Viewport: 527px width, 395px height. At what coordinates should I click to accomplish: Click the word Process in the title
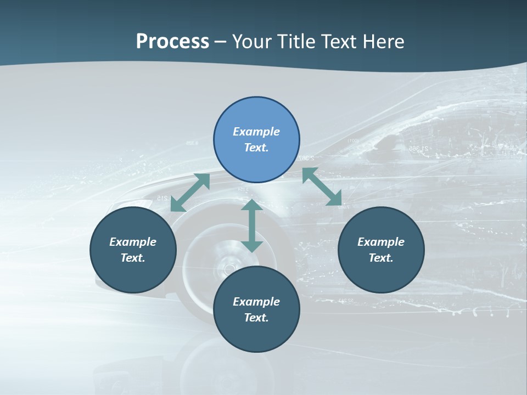point(172,41)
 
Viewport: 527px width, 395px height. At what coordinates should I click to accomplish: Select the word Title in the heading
point(298,41)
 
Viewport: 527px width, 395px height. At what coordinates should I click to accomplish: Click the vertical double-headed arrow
point(251,226)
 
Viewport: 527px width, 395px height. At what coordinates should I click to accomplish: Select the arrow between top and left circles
point(190,193)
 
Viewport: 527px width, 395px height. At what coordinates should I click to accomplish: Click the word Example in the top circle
point(256,132)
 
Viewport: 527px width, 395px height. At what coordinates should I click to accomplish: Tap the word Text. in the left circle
point(133,258)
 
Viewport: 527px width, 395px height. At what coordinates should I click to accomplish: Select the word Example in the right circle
point(381,242)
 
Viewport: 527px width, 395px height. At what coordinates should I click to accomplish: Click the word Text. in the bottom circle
point(256,318)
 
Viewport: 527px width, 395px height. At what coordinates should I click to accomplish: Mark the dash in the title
point(221,42)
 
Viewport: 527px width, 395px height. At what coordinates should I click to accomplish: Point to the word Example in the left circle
point(133,242)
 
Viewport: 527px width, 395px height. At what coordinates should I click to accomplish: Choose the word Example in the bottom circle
point(256,302)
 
